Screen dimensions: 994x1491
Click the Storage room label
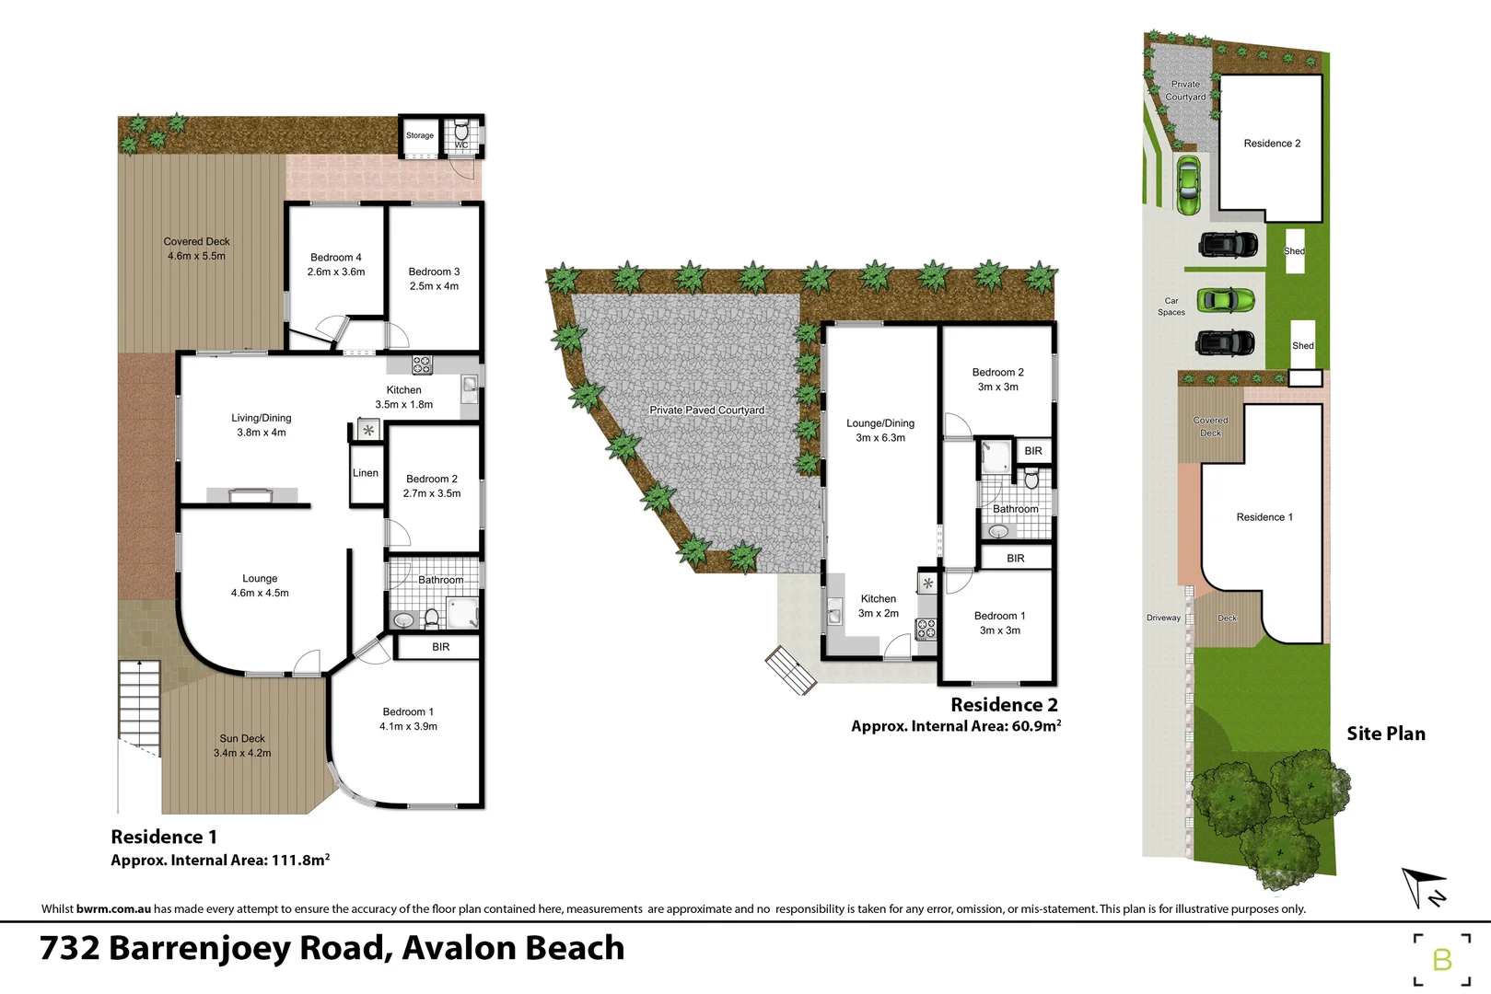pos(420,135)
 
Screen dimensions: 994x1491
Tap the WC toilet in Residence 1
pos(461,133)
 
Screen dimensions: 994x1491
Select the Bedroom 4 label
pos(336,258)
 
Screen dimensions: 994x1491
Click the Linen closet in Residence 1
pos(366,473)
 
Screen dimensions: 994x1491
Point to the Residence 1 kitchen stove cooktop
pos(422,364)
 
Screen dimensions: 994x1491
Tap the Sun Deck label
pos(242,738)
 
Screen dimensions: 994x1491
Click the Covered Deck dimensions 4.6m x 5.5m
pos(196,256)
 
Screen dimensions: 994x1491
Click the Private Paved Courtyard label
pos(706,410)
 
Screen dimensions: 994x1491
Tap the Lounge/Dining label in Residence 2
pos(880,423)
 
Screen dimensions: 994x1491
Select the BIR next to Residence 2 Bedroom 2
pos(1033,451)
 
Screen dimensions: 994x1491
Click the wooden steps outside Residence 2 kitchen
pos(790,669)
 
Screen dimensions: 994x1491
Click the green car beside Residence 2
pos(1188,184)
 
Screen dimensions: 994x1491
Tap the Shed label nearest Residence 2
pos(1295,250)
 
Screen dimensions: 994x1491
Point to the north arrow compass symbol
pos(1423,887)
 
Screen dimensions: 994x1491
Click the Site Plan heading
pos(1386,734)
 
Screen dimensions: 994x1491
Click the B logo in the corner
pos(1442,960)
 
